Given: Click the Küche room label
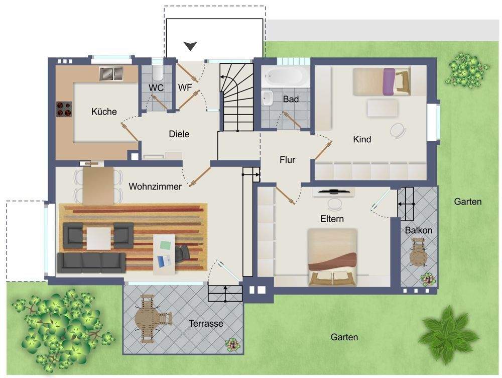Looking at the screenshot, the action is [x=104, y=112].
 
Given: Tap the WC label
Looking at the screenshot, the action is [x=156, y=87].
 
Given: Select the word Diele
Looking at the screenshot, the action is [x=179, y=134].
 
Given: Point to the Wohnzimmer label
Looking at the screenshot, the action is [x=155, y=186].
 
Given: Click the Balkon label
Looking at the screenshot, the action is [x=419, y=230].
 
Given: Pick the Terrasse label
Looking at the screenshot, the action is [x=206, y=323].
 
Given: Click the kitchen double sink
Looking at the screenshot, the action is [x=111, y=74].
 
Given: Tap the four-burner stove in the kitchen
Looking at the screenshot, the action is [x=64, y=109].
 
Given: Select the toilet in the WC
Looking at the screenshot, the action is [x=157, y=73].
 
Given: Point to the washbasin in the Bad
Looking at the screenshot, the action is [x=267, y=98].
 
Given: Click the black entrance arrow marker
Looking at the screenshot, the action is [x=190, y=46].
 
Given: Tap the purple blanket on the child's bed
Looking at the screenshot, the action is [x=389, y=82].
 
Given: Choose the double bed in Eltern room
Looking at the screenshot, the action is [x=332, y=257].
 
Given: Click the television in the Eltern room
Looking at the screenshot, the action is [x=334, y=192].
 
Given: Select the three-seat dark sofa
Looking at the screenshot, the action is [x=91, y=262].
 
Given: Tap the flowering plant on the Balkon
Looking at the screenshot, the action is [x=428, y=279].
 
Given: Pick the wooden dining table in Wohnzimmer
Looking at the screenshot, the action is [x=98, y=186].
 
